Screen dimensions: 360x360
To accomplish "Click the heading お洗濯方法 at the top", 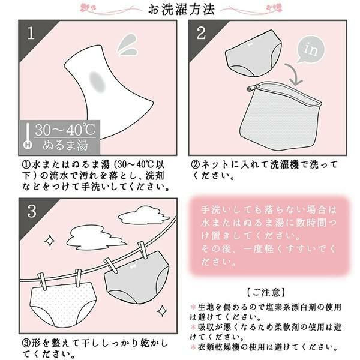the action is coord(181,9).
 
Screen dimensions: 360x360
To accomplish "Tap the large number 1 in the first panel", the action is coord(31,33).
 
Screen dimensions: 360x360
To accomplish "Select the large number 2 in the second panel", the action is coord(202,33).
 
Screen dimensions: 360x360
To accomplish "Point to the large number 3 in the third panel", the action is coord(32,211).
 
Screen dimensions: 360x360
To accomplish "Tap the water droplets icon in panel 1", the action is coord(127,45).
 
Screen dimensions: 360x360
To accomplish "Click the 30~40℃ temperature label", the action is coord(65,130).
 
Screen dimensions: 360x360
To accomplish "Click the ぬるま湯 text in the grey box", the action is coord(65,145).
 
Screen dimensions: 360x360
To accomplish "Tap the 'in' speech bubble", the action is coord(311,49).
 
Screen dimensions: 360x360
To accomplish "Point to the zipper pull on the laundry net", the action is coord(253,88).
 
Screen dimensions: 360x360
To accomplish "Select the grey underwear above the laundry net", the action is coord(253,53).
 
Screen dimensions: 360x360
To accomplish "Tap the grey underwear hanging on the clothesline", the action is coord(137,277).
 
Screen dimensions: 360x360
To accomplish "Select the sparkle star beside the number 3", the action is coord(50,241).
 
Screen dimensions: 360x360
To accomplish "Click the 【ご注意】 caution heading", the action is coord(266,292).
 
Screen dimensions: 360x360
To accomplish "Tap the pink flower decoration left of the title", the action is coord(88,8).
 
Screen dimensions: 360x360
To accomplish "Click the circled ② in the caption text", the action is coord(196,165).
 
